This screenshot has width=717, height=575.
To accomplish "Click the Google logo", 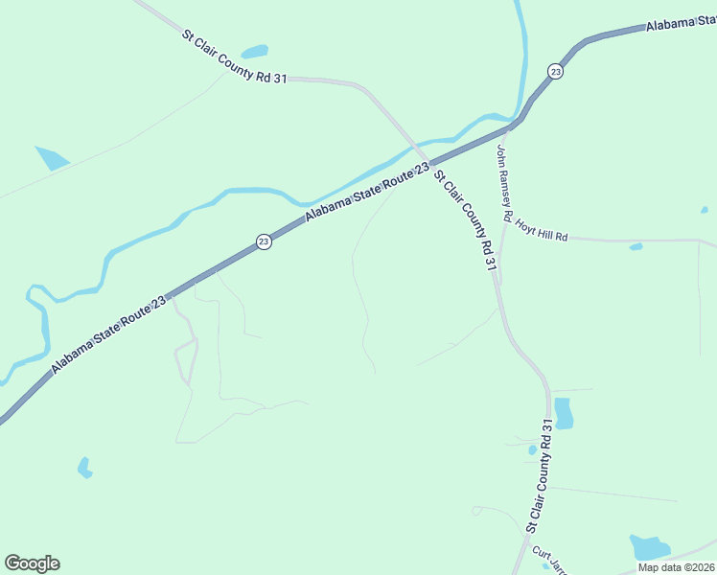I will click(32, 563).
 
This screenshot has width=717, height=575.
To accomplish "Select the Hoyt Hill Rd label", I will click(542, 230).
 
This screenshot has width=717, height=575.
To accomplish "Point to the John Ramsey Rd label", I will click(506, 182).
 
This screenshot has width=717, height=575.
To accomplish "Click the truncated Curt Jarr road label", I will click(544, 559).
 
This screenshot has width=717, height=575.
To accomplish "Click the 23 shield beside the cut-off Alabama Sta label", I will click(555, 71).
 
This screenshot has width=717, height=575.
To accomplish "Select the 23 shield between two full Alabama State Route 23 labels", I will click(264, 242).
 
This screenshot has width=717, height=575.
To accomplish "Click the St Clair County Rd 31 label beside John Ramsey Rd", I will click(465, 220).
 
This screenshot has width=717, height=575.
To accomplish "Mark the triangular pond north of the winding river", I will click(52, 156).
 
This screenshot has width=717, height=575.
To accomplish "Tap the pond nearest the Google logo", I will click(84, 467).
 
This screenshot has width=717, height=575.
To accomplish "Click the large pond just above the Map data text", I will click(649, 547).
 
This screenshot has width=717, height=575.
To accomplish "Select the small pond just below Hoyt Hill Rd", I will click(635, 246).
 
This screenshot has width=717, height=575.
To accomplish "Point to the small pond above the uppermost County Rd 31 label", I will click(254, 52).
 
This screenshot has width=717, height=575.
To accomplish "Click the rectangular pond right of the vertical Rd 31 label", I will click(563, 412).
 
